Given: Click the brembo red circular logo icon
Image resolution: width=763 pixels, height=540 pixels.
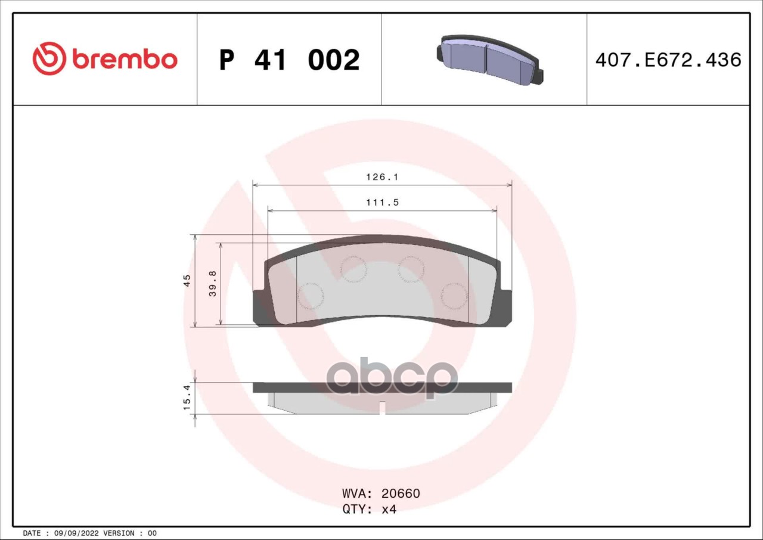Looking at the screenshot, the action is [x=49, y=58].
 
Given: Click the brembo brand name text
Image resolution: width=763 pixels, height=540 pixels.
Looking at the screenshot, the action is [x=125, y=60].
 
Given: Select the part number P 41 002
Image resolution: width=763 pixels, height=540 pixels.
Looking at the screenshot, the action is [x=290, y=60].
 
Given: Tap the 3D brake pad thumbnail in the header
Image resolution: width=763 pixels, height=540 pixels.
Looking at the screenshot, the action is [x=490, y=60].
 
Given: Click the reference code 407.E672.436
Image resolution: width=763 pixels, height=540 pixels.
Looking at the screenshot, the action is [x=668, y=60].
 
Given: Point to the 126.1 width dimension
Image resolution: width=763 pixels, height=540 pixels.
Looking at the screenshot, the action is [x=382, y=176].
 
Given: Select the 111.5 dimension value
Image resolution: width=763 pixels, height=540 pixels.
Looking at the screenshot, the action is [x=382, y=202].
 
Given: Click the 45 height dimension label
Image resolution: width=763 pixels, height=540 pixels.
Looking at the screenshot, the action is [x=187, y=280].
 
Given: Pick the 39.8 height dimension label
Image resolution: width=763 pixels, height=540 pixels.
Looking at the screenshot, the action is [x=213, y=284].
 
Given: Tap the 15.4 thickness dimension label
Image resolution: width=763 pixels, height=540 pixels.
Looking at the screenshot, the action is [x=187, y=398].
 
